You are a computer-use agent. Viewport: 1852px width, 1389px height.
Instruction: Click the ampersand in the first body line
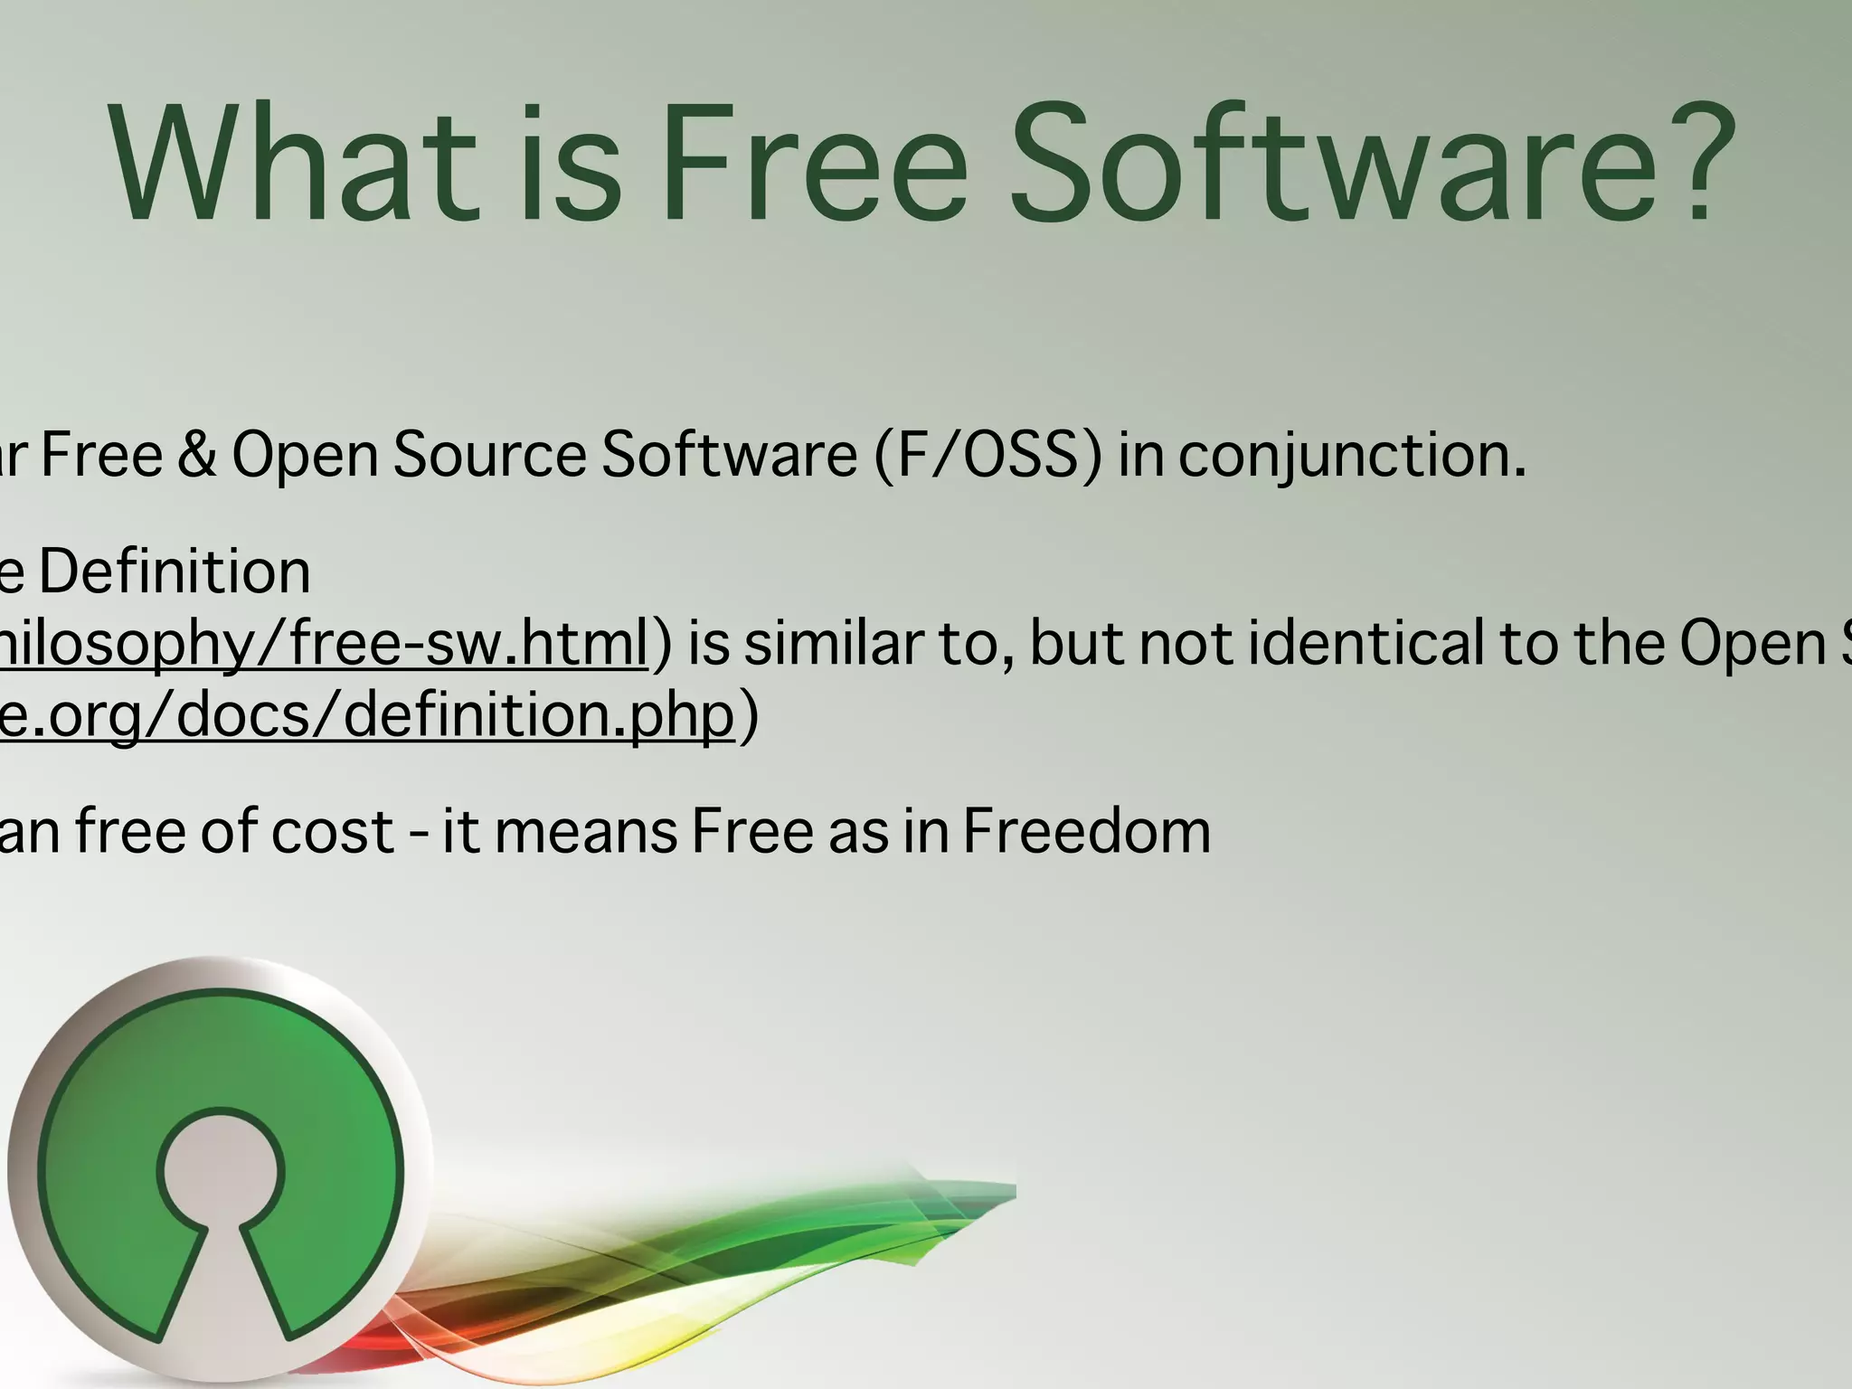point(196,454)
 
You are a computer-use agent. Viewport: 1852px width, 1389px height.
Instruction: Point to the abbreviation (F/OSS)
point(988,455)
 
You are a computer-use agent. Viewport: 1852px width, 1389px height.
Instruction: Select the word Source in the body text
point(489,454)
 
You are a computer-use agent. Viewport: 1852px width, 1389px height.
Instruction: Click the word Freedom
point(1086,830)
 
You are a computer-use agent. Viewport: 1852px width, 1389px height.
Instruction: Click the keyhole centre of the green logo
point(220,1176)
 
